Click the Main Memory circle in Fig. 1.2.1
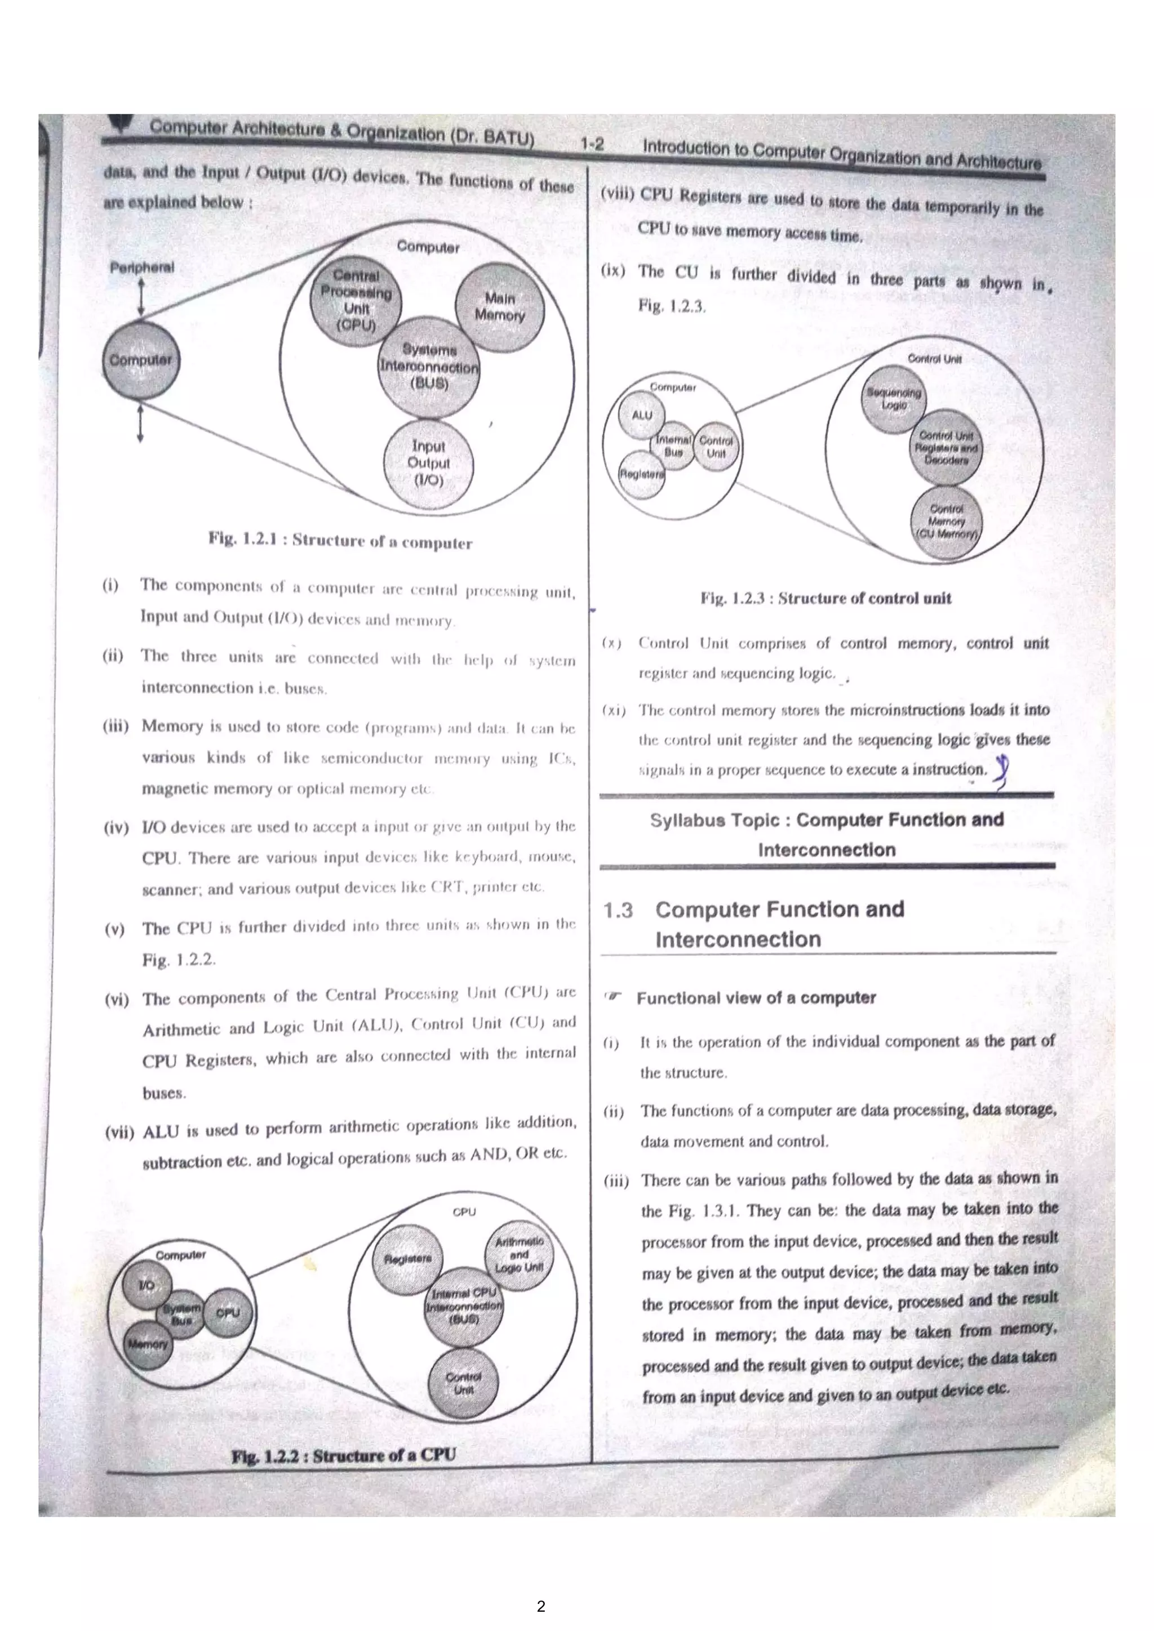tap(500, 307)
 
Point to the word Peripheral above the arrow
tap(141, 268)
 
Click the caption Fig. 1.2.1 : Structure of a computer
tap(340, 541)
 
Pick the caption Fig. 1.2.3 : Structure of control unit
tap(825, 598)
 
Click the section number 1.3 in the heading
tap(618, 910)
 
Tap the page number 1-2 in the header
tap(591, 144)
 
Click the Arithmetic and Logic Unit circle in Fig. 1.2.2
tap(520, 1254)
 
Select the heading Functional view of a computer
tap(756, 997)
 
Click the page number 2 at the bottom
tap(542, 1606)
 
